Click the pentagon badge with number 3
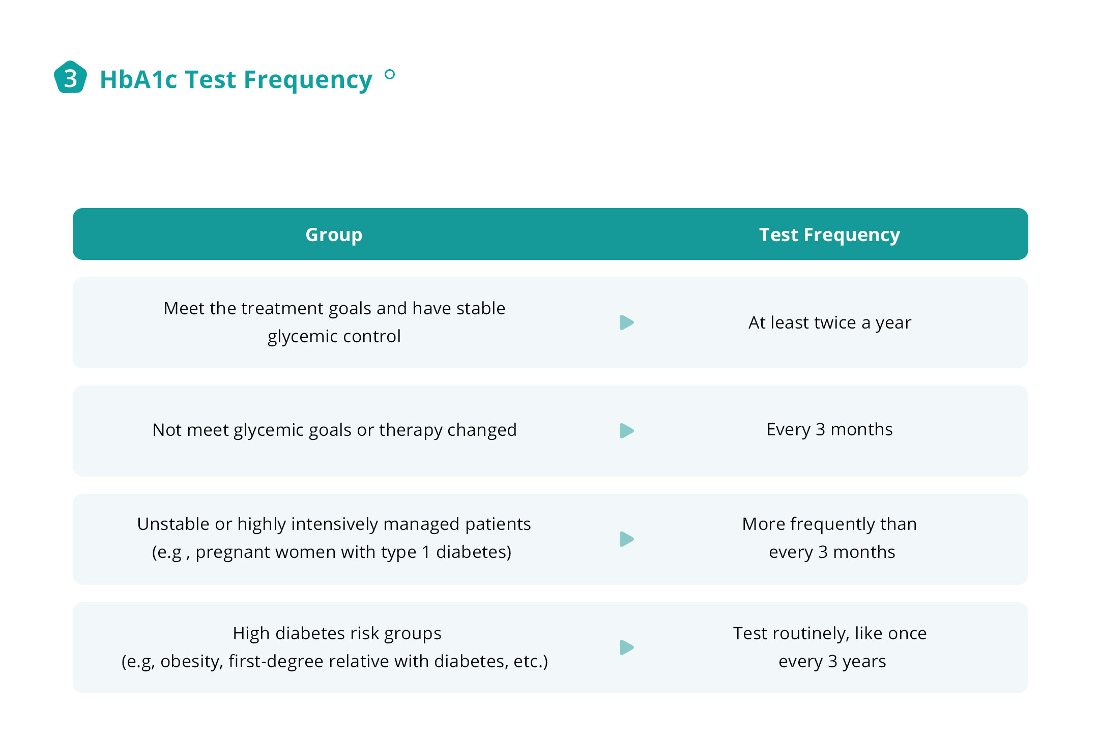point(70,77)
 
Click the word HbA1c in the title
point(139,79)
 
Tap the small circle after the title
point(390,75)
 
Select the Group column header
point(334,234)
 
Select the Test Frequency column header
point(829,234)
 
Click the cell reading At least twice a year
point(829,322)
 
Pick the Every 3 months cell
point(829,430)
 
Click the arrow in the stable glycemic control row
point(626,322)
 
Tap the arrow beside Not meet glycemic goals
point(626,431)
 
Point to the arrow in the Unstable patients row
point(626,539)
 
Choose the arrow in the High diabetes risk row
point(626,647)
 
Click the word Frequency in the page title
point(308,80)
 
